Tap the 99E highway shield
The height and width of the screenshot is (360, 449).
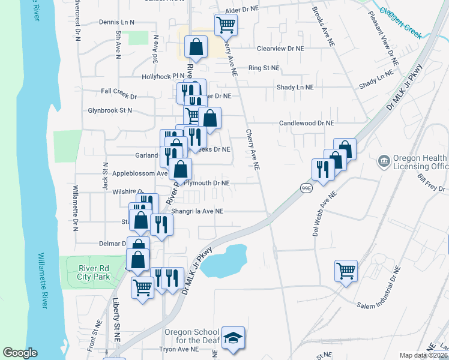point(306,188)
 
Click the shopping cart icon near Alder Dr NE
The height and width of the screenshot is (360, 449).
point(226,25)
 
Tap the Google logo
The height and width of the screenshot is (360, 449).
point(20,353)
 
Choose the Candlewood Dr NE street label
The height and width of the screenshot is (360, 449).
point(306,123)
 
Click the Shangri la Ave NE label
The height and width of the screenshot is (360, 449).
point(197,211)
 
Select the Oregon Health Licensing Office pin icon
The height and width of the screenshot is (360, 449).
point(383,161)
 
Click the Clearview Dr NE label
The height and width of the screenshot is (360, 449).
point(280,48)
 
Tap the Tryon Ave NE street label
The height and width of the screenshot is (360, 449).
point(178,349)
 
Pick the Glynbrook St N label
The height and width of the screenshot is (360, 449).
point(110,110)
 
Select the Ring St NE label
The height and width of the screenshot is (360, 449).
point(264,68)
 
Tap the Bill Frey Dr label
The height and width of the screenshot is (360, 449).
point(432,183)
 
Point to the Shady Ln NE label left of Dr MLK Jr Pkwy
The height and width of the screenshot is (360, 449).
point(295,87)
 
